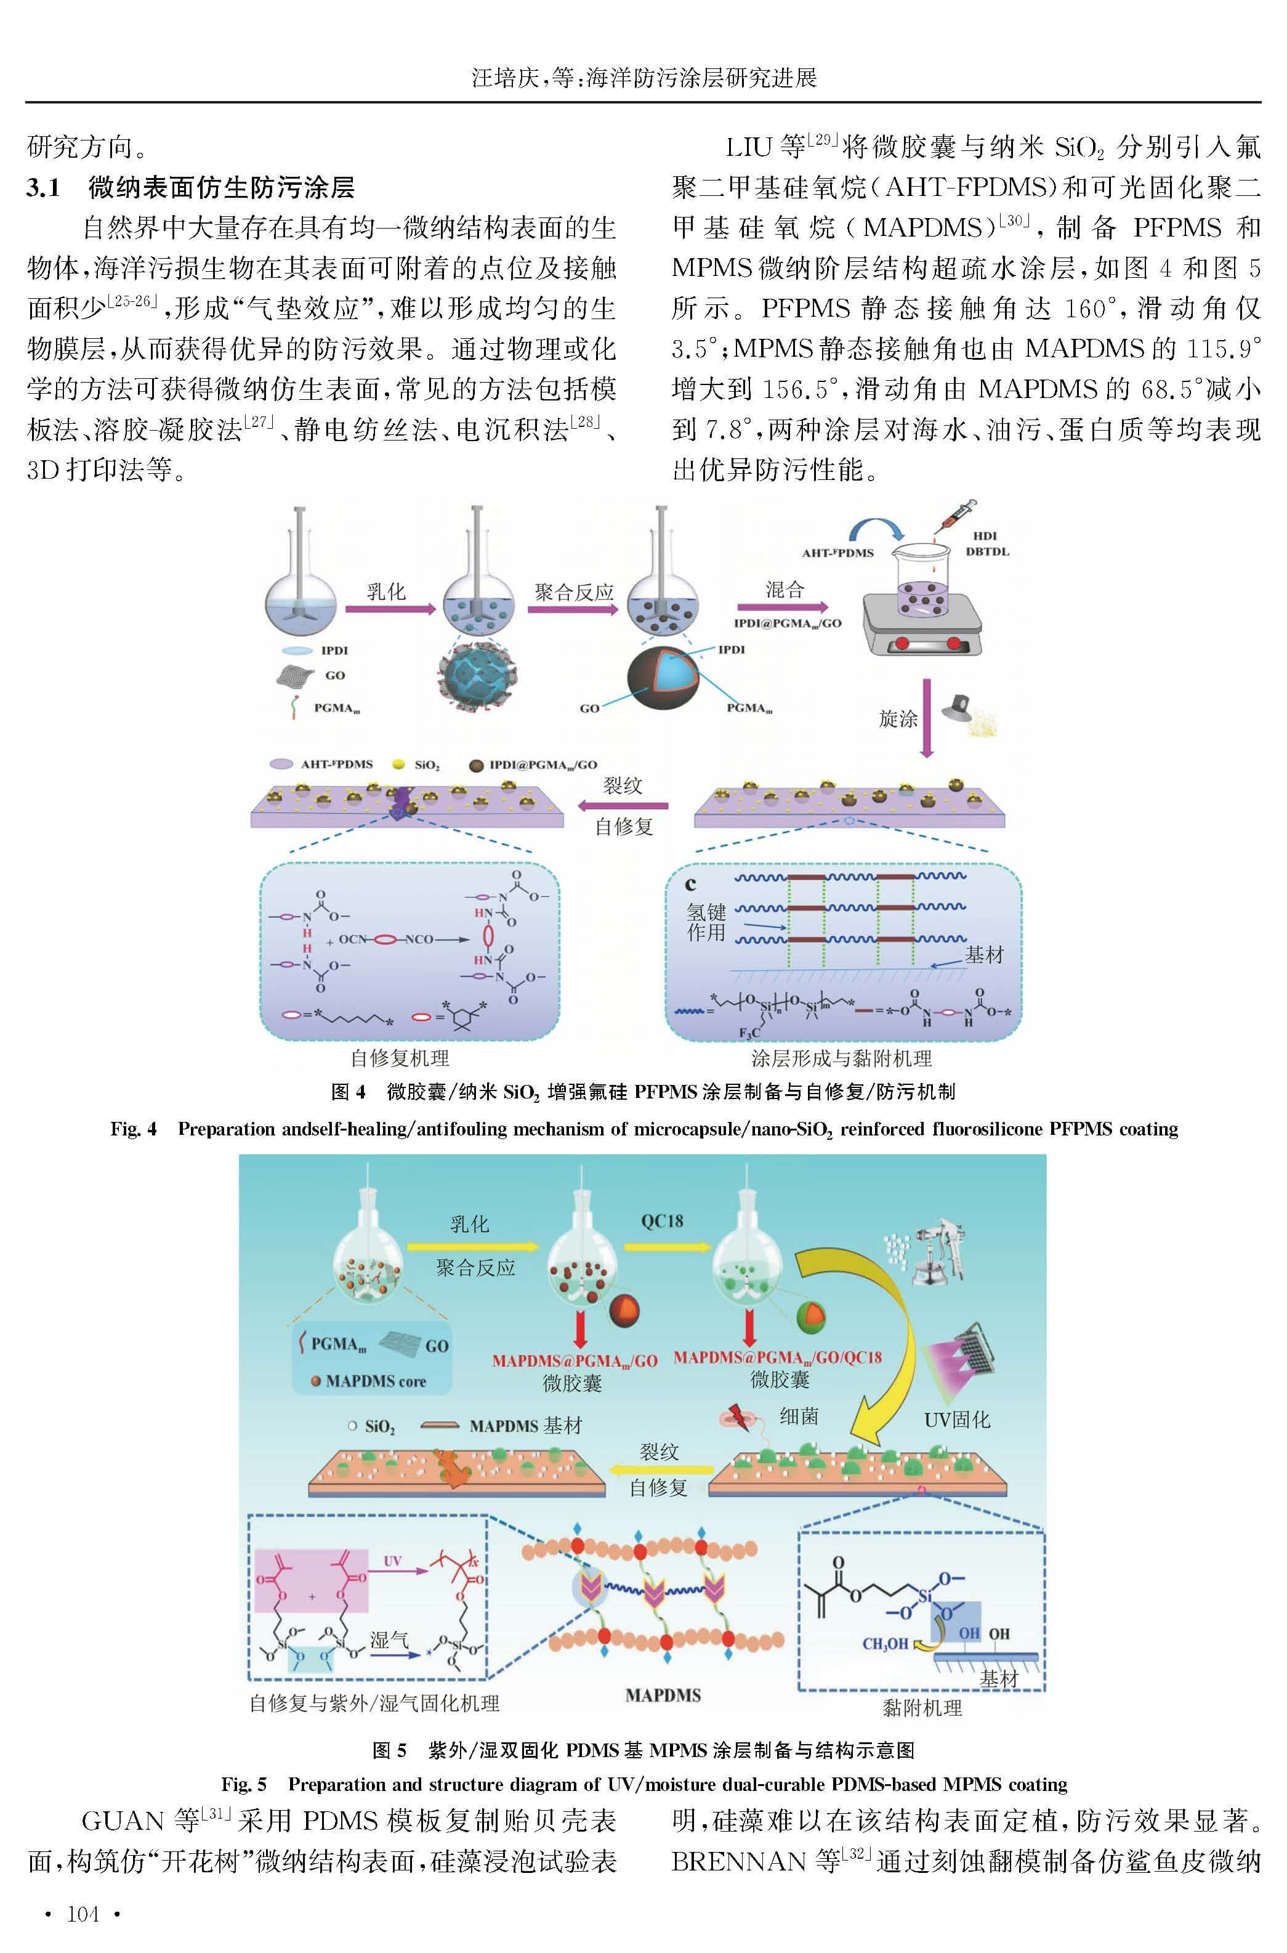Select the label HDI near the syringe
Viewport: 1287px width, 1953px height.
point(984,536)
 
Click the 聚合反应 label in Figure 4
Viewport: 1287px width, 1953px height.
point(574,592)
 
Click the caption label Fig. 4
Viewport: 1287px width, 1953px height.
point(134,1129)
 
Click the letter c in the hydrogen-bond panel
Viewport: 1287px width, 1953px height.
point(690,884)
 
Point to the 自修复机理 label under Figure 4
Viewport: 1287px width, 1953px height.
point(400,1058)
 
